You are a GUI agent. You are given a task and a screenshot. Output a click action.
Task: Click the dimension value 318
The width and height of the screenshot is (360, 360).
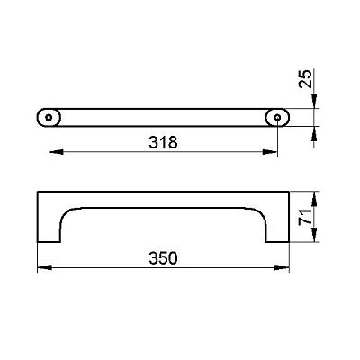pos(163,142)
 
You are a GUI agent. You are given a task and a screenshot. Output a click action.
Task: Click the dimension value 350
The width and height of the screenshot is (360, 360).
pos(163,258)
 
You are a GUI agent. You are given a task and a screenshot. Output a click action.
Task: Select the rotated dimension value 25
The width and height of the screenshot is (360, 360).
pos(305,78)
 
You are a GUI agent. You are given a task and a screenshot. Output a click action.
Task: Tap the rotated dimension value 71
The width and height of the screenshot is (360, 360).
pos(305,217)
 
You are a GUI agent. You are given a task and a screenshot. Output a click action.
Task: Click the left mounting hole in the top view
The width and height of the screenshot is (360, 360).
pos(49,117)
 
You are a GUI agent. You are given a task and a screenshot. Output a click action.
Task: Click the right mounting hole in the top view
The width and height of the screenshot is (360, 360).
pos(278,117)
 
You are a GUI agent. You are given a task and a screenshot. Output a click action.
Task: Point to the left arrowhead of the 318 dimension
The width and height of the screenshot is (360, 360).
pos(56,152)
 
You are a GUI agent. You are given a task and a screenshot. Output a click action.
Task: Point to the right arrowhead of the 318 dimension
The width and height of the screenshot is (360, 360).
pos(270,152)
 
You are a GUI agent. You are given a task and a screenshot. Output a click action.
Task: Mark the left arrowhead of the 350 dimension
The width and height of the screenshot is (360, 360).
pos(44,267)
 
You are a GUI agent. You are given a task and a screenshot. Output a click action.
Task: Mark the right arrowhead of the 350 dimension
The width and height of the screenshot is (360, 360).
pos(282,267)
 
